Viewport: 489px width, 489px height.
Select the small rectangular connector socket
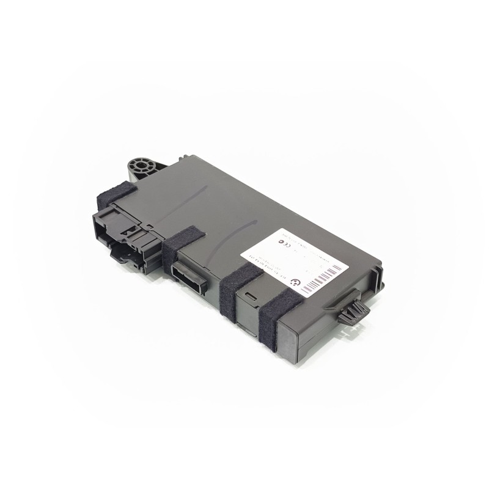tap(191, 274)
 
